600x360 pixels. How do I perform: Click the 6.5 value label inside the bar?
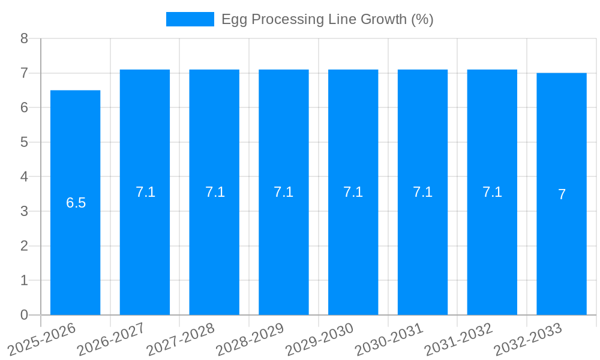click(76, 203)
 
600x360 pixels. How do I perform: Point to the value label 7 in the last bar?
click(562, 194)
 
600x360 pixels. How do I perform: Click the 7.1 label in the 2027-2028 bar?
click(215, 192)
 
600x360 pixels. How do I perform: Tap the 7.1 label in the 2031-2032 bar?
click(492, 192)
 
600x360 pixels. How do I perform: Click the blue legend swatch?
click(190, 19)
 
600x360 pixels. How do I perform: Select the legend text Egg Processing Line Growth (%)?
click(327, 19)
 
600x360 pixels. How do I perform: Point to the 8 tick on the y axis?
click(24, 38)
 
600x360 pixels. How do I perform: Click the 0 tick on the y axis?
click(24, 315)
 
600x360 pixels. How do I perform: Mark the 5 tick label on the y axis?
click(24, 142)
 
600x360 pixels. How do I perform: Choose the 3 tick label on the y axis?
click(24, 211)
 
